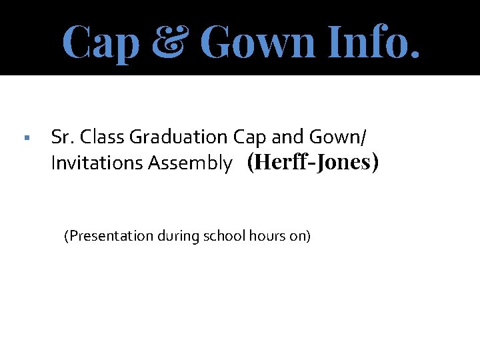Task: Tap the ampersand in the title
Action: (x=169, y=41)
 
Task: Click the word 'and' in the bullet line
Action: (x=287, y=137)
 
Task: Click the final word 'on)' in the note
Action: (x=301, y=236)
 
